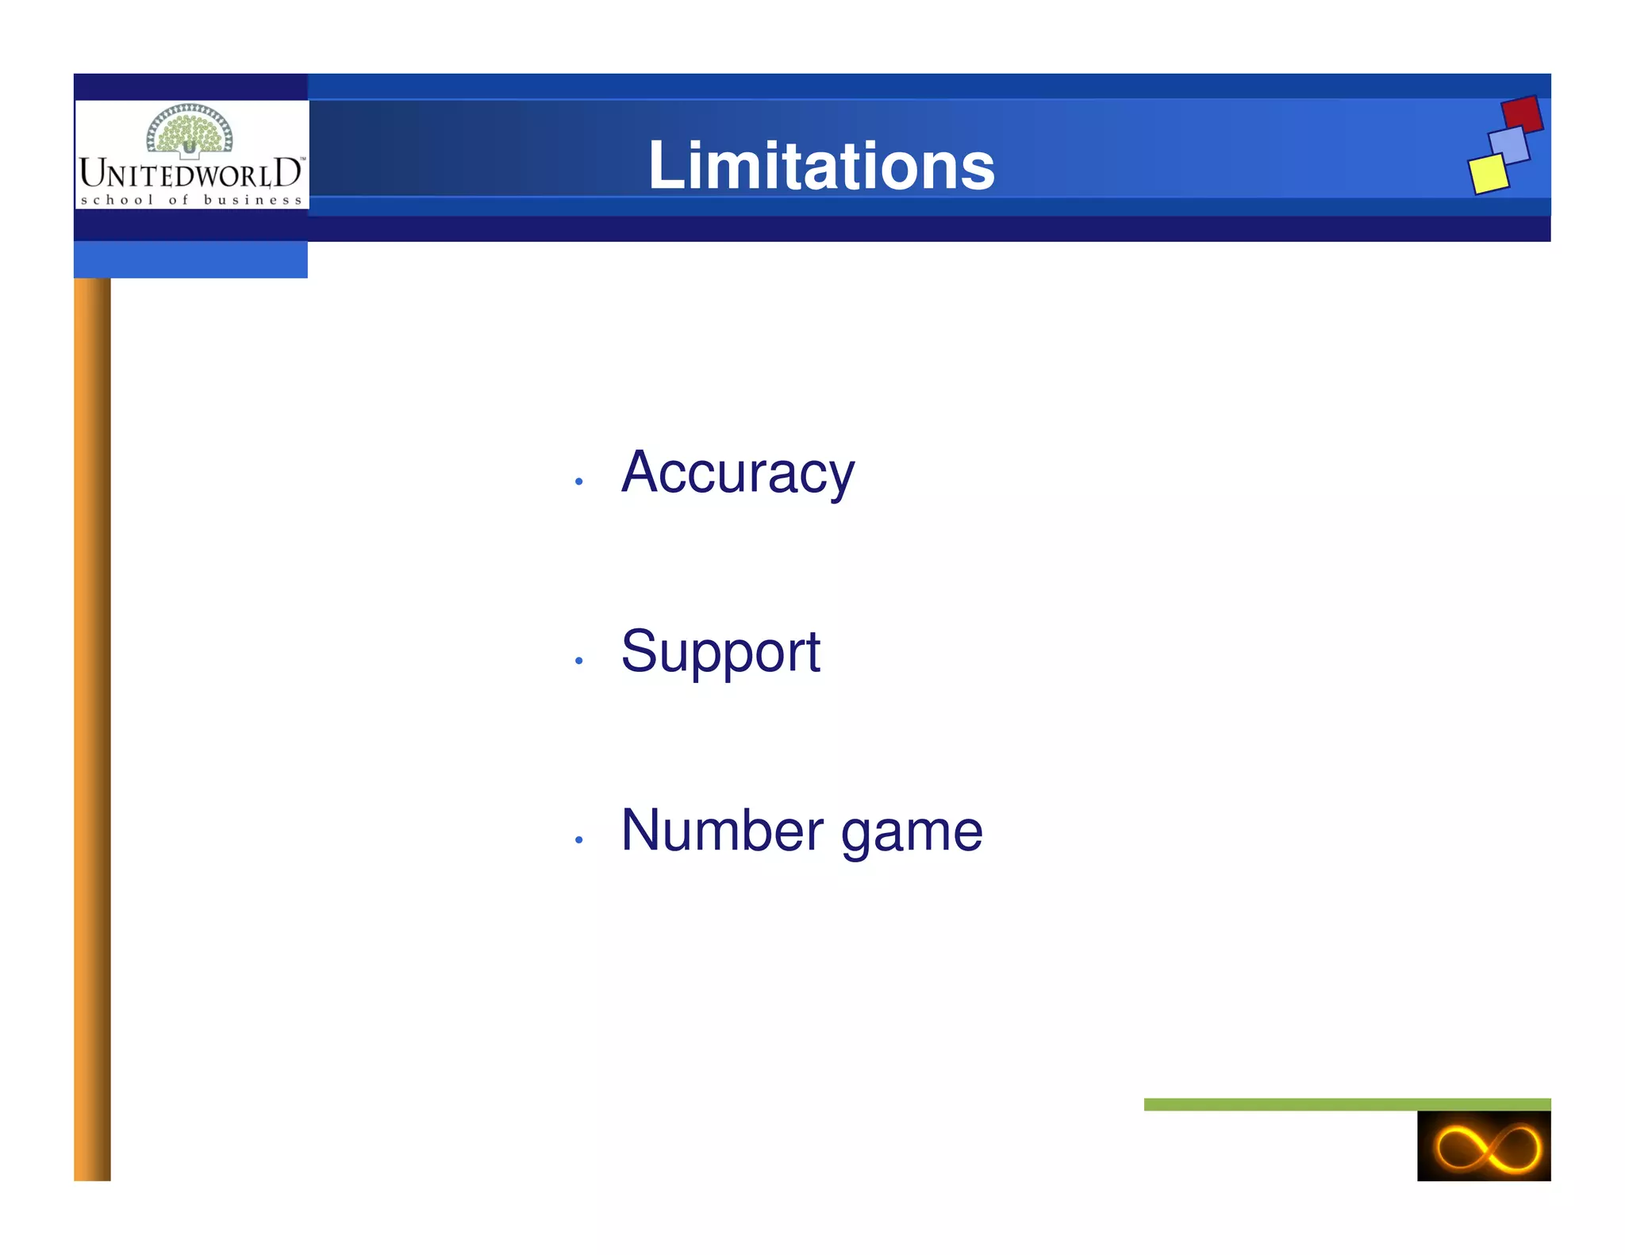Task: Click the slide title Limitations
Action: pos(821,166)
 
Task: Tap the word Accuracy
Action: pos(738,474)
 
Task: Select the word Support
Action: pos(720,652)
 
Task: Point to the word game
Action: pos(912,833)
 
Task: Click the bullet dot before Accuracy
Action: pos(579,482)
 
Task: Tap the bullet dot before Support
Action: pos(579,660)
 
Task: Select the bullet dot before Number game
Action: pos(579,839)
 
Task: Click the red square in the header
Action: pos(1522,114)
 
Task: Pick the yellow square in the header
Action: pos(1489,174)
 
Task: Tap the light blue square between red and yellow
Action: pos(1509,145)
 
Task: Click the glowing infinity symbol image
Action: pos(1484,1146)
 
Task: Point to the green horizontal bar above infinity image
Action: pos(1346,1104)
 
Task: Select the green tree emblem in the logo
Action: pos(190,129)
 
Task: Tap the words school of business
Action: pos(191,200)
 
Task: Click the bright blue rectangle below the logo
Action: pos(190,259)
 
